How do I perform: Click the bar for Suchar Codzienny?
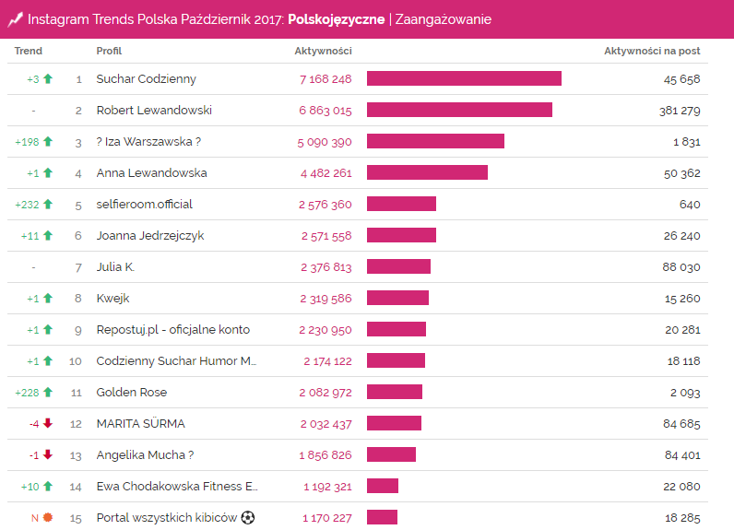coord(464,78)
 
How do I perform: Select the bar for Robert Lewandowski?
coord(459,110)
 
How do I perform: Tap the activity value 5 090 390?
coord(326,142)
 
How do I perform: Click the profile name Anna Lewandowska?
coord(151,173)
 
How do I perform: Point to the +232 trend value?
coord(27,205)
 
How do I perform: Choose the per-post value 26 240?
coord(681,236)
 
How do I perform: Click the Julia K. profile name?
coord(116,267)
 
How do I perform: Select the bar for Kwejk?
coord(397,298)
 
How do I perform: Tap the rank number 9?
coord(78,330)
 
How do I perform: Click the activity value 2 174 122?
coord(326,361)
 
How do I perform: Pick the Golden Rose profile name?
coord(132,393)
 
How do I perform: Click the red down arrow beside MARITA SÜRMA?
coord(48,424)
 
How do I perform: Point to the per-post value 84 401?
coord(681,455)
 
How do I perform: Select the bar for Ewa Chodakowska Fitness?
coord(383,486)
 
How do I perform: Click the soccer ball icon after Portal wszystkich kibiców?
coord(248,518)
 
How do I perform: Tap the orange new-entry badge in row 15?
coord(48,518)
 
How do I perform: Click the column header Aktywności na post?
coord(652,51)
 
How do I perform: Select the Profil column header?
coord(109,51)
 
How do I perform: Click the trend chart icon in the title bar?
coord(15,19)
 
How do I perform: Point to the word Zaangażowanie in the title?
coord(443,19)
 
